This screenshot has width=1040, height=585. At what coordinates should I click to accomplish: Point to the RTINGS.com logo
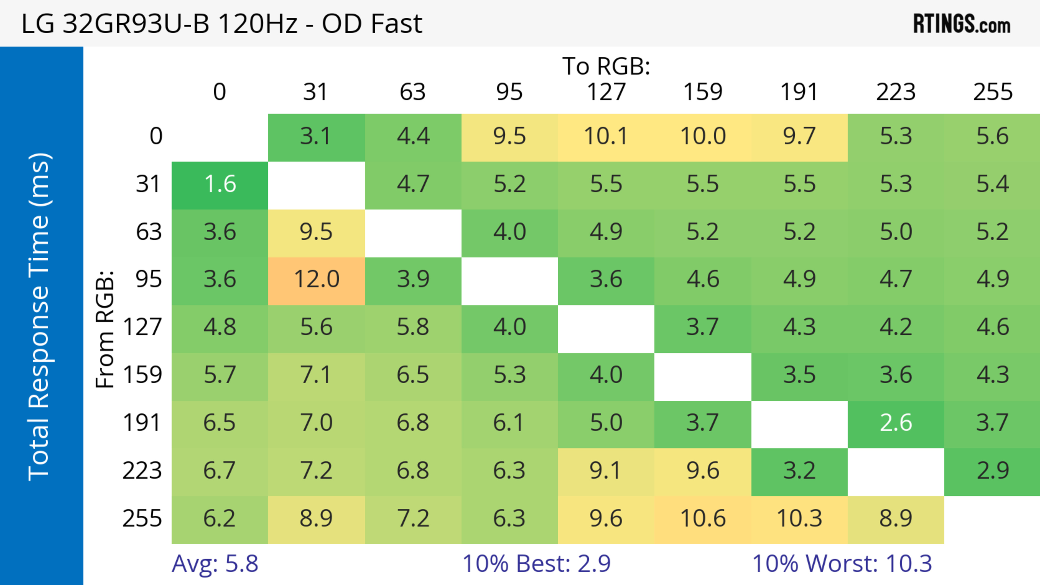pos(962,24)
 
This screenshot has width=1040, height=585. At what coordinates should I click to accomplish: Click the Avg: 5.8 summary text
pos(215,563)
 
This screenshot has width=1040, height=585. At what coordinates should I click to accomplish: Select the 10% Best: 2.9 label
pos(536,563)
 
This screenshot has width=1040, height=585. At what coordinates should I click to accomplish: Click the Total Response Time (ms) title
pos(40,317)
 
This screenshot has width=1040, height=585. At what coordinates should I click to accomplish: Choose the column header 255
pos(992,92)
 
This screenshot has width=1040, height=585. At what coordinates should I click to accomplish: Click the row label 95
pos(149,279)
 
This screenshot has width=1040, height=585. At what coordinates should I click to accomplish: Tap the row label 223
pos(142,471)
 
